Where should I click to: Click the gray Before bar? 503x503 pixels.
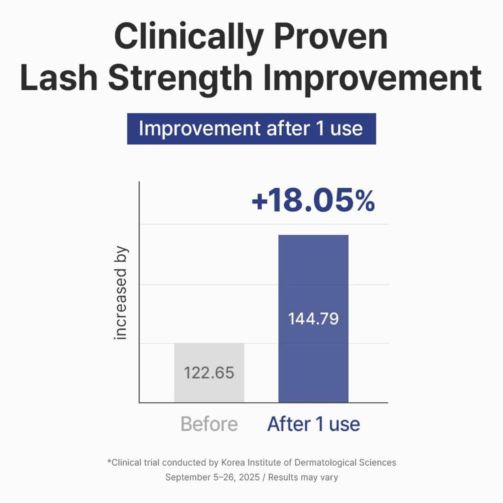pos(209,373)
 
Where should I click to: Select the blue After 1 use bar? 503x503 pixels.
pos(313,319)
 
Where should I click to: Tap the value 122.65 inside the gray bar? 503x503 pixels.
pos(209,373)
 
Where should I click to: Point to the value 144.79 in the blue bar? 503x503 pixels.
pos(313,319)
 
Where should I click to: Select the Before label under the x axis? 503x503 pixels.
pos(209,425)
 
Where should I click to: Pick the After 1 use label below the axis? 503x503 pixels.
pos(314,425)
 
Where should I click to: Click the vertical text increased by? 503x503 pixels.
pos(120,293)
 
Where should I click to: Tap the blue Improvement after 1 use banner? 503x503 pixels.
pos(251,129)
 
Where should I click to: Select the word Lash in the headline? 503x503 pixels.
pos(59,78)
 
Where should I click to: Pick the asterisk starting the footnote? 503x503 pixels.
pos(109,461)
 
